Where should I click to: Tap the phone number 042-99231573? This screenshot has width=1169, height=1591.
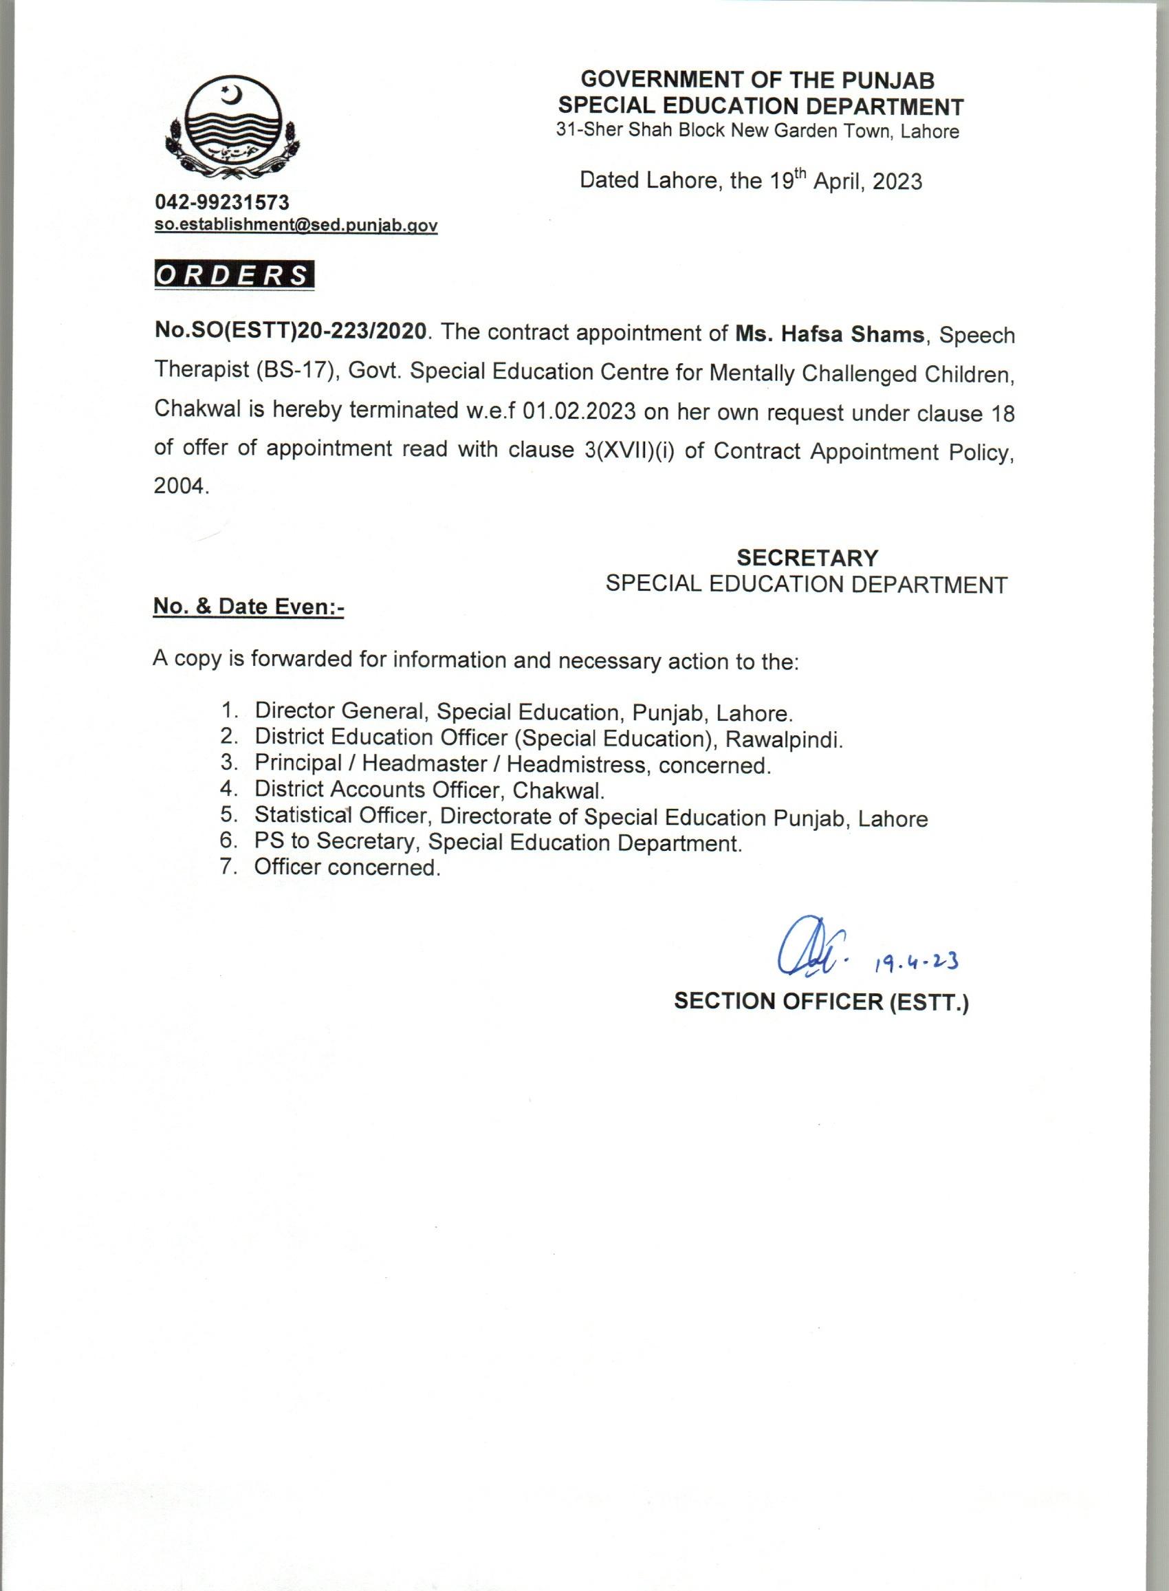click(x=223, y=202)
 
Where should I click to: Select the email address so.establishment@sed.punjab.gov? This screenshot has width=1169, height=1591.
click(x=296, y=225)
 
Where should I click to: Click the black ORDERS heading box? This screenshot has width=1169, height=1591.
click(x=234, y=274)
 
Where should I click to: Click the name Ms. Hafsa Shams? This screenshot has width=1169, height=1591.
click(x=829, y=334)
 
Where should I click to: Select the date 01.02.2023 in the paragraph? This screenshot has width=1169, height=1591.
click(x=580, y=412)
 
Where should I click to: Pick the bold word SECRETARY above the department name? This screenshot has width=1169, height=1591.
click(x=807, y=558)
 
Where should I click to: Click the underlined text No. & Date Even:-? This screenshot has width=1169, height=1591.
click(x=248, y=607)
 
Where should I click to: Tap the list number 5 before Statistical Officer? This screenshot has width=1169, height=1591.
click(x=227, y=815)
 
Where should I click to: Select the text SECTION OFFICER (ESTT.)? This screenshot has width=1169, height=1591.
click(x=821, y=1002)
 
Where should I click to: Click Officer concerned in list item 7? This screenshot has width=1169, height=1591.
click(x=347, y=867)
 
